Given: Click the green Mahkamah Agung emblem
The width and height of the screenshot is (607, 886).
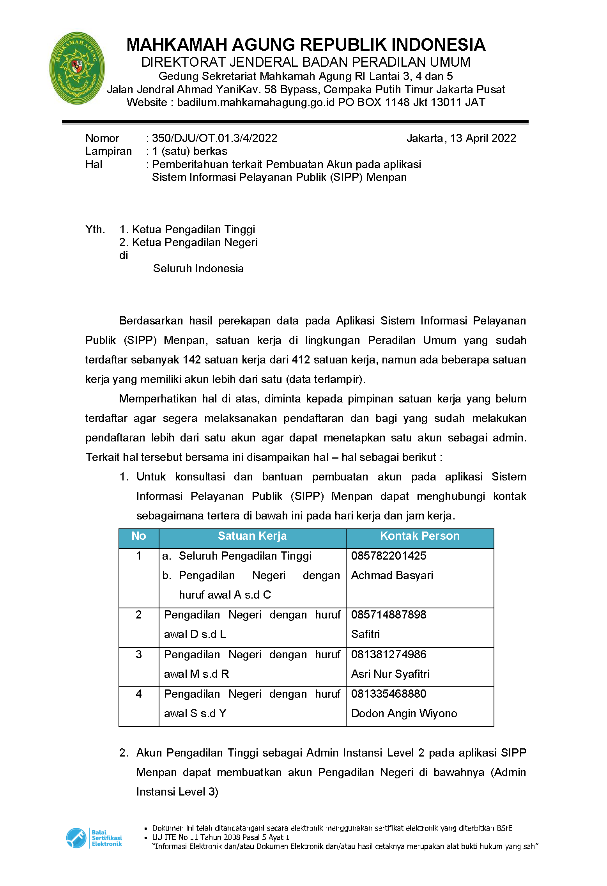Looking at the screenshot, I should click(77, 68).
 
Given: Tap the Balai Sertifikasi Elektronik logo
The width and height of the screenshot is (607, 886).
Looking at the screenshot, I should click(94, 838).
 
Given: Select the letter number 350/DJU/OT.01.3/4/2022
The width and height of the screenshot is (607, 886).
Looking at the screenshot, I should click(214, 138).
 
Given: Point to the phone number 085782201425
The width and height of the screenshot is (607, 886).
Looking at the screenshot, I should click(388, 555).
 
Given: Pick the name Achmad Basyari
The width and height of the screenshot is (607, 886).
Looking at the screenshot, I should click(392, 575).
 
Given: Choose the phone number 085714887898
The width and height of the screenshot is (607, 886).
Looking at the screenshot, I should click(388, 615).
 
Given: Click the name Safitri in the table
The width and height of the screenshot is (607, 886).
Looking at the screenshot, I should click(365, 634).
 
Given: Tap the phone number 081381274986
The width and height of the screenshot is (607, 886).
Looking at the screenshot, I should click(388, 654).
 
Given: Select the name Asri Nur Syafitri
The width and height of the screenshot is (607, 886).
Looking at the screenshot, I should click(390, 674).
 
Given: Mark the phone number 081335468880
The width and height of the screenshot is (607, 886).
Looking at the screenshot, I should click(388, 694).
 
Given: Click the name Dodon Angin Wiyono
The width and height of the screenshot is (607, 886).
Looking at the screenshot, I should click(404, 713).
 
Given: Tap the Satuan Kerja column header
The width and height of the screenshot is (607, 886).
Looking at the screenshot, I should click(252, 536).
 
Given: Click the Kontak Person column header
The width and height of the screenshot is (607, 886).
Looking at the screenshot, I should click(419, 536).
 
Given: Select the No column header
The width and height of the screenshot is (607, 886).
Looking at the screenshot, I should click(139, 536).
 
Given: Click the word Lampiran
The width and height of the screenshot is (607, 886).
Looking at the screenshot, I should click(108, 151).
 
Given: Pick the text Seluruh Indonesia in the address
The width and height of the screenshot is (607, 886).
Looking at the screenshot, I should click(198, 268).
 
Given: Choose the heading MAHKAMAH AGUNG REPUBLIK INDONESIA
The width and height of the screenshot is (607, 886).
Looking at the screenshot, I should click(306, 45).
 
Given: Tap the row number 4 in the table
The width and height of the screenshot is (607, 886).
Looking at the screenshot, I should click(139, 694).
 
